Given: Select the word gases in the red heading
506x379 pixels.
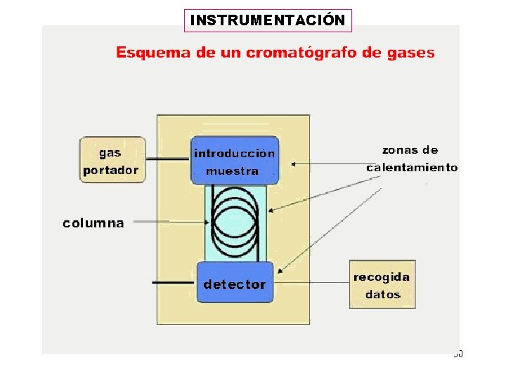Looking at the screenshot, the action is [410, 53].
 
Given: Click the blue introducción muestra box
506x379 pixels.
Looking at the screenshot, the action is [235, 161].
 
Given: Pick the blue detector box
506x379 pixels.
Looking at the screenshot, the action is [235, 282].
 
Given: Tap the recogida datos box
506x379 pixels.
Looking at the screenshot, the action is [382, 284].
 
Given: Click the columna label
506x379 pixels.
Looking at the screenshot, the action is [93, 223].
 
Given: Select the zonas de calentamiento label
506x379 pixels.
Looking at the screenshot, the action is [411, 159].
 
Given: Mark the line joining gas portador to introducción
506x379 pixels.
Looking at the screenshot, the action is [168, 159].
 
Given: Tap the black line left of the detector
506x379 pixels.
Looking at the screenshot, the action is [174, 282].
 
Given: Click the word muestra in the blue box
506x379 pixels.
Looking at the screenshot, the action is [232, 171].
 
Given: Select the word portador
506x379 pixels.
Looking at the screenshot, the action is [111, 169].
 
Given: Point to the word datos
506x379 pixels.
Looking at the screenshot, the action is [382, 295].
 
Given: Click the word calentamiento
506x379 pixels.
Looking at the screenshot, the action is [412, 168].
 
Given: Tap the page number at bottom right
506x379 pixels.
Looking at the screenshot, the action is [458, 354].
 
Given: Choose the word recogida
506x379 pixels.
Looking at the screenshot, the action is [382, 277].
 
